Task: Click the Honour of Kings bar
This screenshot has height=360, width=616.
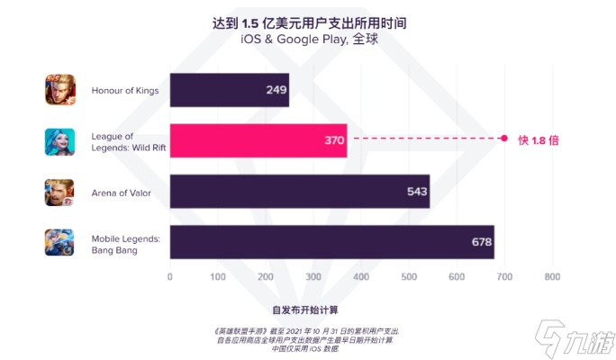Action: pyautogui.click(x=229, y=90)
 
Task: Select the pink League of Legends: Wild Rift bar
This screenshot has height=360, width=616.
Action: pyautogui.click(x=258, y=140)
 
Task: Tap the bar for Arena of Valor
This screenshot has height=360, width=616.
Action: pyautogui.click(x=299, y=191)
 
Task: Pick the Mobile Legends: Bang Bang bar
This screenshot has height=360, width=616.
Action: pyautogui.click(x=331, y=242)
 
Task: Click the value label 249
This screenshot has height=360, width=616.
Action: pyautogui.click(x=276, y=90)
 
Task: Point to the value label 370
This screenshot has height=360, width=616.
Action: pyautogui.click(x=334, y=140)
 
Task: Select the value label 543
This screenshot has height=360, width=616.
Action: pyautogui.click(x=417, y=192)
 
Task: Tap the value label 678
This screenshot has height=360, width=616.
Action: pyautogui.click(x=482, y=242)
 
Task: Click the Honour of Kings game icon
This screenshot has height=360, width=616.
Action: pyautogui.click(x=59, y=90)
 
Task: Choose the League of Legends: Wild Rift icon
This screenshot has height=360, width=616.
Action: pyautogui.click(x=59, y=141)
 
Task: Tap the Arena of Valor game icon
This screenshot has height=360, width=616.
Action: pyautogui.click(x=59, y=192)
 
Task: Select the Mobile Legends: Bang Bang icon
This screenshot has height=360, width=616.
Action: pyautogui.click(x=59, y=242)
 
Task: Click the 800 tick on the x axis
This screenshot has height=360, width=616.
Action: pyautogui.click(x=552, y=276)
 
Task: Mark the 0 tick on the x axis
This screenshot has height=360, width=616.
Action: pyautogui.click(x=170, y=276)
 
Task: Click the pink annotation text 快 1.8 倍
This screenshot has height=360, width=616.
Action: pyautogui.click(x=539, y=139)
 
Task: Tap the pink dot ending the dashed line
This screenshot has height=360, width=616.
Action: pyautogui.click(x=504, y=139)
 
